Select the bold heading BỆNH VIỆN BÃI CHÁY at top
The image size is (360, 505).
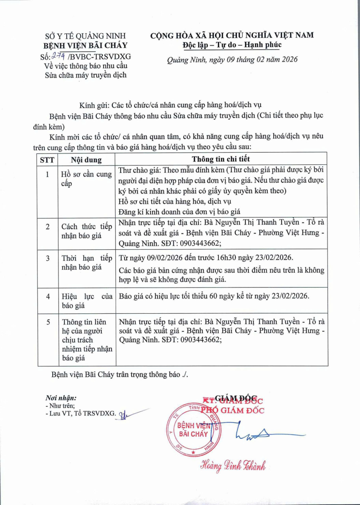point(85,45)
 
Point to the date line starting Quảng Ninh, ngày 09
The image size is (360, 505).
point(232,59)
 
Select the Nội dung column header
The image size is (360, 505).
point(86,159)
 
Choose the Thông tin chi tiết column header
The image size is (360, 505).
point(221,159)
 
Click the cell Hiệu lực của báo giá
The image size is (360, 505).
point(86,301)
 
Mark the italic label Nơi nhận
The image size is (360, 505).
point(61,398)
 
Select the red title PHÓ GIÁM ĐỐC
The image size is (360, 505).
point(232,410)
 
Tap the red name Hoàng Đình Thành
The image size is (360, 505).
point(233,465)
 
